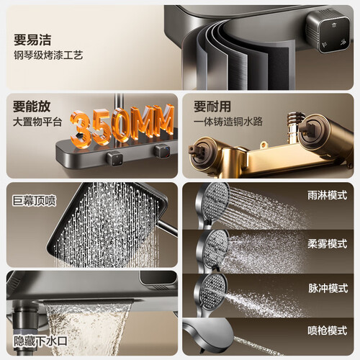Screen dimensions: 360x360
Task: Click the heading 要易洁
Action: click(x=32, y=40)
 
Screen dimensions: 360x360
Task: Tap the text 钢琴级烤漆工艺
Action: click(x=48, y=55)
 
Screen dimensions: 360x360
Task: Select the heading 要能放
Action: click(x=32, y=107)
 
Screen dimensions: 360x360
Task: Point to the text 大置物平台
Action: click(x=37, y=122)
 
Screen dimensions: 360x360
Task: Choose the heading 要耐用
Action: click(x=212, y=107)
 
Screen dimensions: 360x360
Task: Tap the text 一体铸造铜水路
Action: click(x=228, y=122)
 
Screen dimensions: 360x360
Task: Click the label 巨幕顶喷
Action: click(x=34, y=201)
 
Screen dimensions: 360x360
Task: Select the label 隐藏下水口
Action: click(x=40, y=341)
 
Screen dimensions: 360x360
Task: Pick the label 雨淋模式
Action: click(x=328, y=195)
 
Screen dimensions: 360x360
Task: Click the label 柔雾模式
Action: click(x=328, y=244)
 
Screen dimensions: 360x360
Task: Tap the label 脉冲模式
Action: click(x=328, y=288)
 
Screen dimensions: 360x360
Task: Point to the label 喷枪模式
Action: click(x=328, y=330)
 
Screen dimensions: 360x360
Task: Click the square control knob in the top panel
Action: click(x=329, y=31)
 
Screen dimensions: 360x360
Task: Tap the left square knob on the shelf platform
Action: click(x=114, y=159)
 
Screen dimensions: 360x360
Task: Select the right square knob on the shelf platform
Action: click(x=163, y=151)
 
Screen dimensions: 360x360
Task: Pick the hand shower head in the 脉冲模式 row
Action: click(x=210, y=294)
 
